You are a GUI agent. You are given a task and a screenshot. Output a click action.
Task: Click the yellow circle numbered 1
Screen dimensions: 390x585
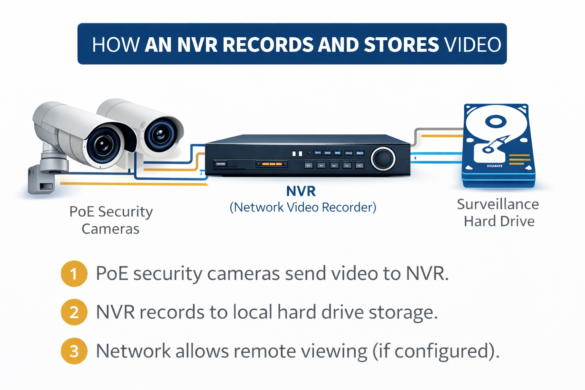pos(74,273)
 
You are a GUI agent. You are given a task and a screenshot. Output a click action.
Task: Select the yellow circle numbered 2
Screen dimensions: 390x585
pos(74,312)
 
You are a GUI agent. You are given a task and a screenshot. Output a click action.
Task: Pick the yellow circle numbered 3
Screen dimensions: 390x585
pos(74,351)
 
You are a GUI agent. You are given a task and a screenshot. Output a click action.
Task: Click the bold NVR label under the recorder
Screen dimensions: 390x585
pos(301,191)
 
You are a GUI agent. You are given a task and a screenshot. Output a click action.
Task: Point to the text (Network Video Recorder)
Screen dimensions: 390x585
pos(303,207)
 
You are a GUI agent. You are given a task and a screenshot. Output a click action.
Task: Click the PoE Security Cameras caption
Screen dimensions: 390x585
pos(111,220)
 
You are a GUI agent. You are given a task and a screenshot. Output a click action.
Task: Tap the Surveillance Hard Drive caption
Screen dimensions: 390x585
pos(498,213)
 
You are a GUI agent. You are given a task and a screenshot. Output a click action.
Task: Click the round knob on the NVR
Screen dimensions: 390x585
pos(383,158)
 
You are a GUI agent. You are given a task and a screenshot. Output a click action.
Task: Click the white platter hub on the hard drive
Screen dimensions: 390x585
pos(495,122)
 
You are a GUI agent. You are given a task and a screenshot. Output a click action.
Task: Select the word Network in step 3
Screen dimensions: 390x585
pos(133,351)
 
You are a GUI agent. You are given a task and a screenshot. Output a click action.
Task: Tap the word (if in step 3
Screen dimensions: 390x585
pos(381,351)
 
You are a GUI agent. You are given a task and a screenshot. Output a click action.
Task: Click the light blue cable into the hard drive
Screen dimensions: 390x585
pos(438,154)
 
